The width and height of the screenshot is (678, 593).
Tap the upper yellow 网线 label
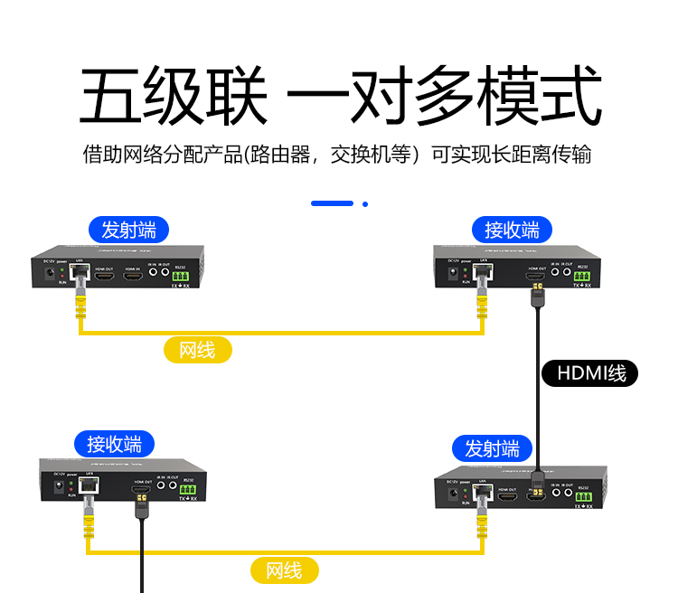coord(197,350)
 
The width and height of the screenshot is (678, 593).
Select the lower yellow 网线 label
coord(284,569)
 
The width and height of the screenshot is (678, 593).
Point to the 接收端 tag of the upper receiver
coord(512,229)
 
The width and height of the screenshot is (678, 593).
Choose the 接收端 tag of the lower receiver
coord(114,444)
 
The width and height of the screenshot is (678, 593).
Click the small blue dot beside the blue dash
coord(365,203)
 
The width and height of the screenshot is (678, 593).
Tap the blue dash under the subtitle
coord(332,203)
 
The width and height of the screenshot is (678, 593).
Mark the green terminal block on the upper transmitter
coord(179,276)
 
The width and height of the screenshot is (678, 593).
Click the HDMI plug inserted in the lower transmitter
coord(536,488)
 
